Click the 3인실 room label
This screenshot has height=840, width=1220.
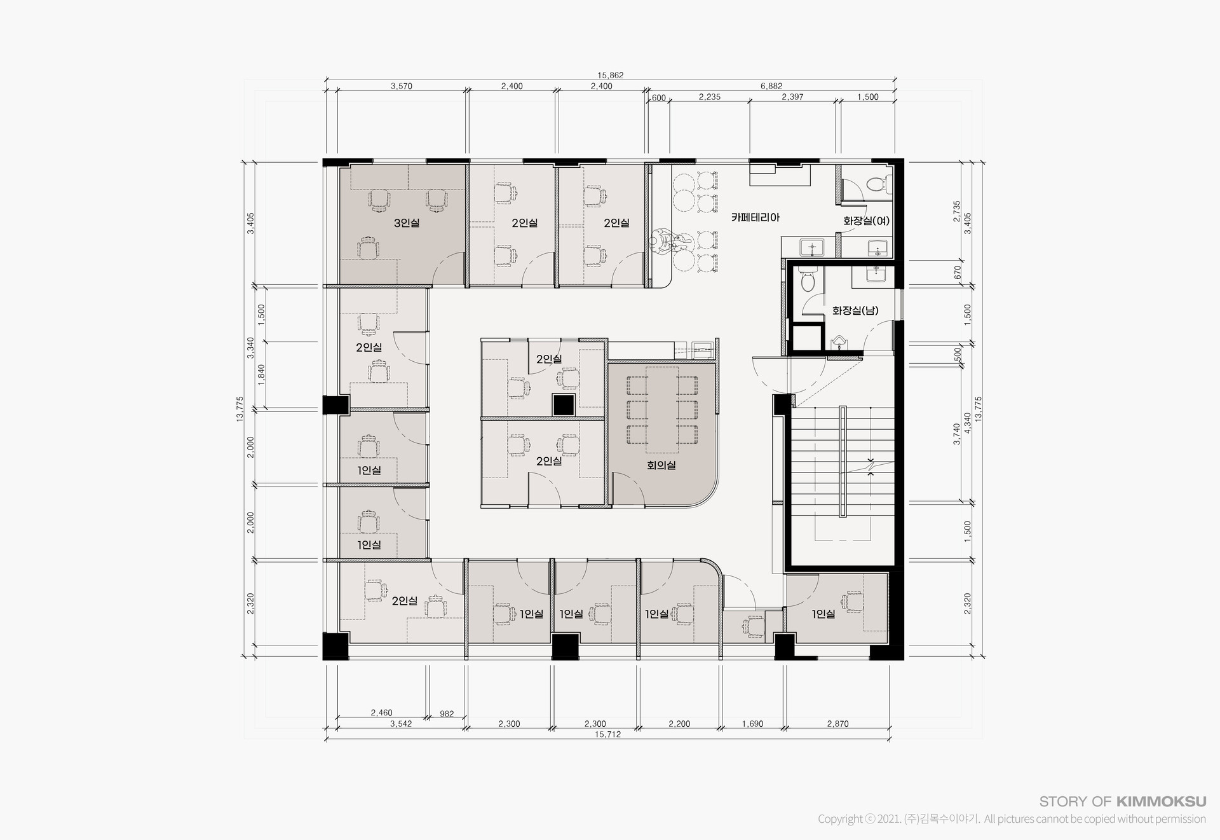tap(407, 223)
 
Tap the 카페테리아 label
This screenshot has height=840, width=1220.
tap(755, 217)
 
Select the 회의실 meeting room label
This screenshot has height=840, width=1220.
tap(661, 465)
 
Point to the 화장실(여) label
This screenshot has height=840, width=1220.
tap(867, 221)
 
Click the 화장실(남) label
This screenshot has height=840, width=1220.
tap(855, 311)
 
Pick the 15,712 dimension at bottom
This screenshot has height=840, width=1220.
tap(607, 734)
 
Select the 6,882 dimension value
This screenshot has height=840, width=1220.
tap(771, 86)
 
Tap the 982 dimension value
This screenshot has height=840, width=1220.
tap(447, 713)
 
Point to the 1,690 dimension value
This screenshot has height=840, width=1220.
tap(752, 724)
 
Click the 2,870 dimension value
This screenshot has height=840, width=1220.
tap(837, 724)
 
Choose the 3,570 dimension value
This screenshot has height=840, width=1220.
tap(401, 86)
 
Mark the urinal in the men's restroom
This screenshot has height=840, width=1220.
tap(839, 342)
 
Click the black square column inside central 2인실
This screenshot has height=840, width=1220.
tap(563, 405)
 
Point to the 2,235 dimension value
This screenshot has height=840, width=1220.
tap(709, 97)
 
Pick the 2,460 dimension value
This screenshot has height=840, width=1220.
tap(381, 713)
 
